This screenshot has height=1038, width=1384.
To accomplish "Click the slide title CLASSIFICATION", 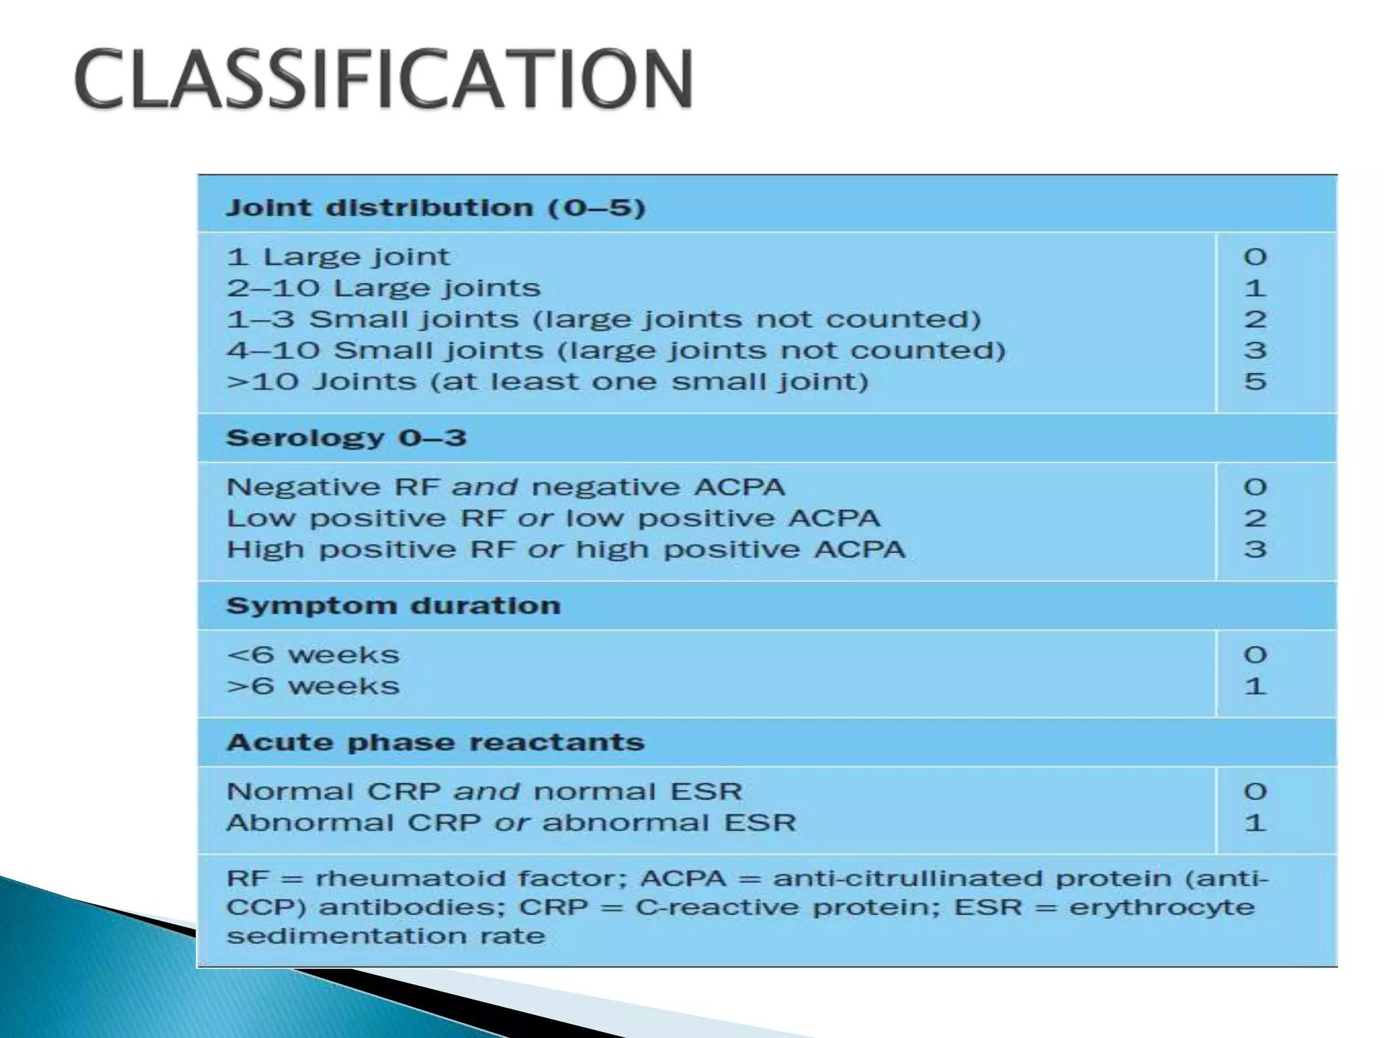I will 384,80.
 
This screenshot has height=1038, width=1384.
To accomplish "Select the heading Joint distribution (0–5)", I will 435,207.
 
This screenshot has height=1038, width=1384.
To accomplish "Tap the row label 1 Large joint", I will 338,257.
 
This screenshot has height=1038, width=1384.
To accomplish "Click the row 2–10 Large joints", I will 383,289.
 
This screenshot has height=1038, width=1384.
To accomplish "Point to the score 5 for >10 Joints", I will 1255,382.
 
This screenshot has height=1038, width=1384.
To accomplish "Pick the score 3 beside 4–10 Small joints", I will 1255,351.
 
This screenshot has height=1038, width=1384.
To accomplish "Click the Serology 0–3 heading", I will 346,438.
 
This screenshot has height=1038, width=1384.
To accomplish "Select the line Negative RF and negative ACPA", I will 505,487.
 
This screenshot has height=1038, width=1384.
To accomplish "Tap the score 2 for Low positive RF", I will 1255,518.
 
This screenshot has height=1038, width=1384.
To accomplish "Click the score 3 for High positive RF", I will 1255,549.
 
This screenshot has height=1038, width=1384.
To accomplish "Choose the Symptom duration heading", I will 393,605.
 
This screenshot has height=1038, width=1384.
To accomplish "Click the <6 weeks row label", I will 313,655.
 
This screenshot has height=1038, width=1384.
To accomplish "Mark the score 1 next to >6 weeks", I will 1255,687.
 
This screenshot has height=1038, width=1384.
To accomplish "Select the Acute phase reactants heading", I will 435,743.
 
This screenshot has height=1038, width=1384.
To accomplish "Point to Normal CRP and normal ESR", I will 484,791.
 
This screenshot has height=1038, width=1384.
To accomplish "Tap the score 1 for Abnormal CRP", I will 1255,823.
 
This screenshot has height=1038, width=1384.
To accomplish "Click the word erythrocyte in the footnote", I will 1161,907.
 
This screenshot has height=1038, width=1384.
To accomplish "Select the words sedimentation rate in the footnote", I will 385,936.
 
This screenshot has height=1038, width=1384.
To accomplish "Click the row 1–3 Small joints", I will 603,320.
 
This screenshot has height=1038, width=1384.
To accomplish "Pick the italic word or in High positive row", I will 545,549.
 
